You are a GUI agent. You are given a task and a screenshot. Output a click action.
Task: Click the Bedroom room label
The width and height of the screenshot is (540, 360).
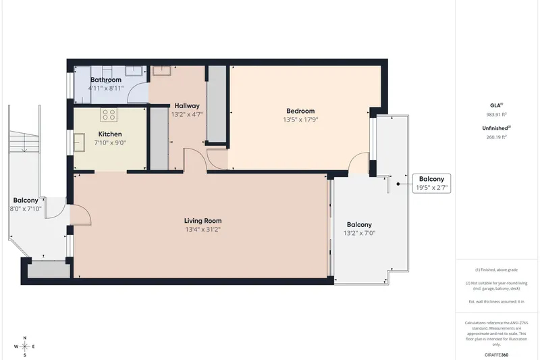click(300, 111)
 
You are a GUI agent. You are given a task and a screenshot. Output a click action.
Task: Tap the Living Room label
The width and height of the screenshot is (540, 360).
click(203, 221)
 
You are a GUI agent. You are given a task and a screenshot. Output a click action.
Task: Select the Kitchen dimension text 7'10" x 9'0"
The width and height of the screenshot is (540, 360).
click(110, 143)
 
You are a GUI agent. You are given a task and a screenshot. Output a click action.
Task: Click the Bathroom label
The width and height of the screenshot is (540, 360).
click(106, 80)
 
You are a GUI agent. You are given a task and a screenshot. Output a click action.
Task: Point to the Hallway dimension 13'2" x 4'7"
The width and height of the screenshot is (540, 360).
click(187, 114)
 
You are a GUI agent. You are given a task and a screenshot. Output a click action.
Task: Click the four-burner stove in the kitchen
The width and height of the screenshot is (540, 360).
click(109, 115)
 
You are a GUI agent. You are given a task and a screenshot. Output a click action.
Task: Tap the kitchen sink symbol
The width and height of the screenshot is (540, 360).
click(79, 143)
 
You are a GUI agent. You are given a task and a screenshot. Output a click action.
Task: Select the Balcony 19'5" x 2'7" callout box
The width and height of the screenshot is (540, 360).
click(431, 183)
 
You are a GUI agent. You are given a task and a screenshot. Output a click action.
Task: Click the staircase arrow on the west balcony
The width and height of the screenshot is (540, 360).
click(24, 143)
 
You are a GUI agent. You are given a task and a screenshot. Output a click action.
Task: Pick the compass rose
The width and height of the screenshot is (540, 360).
click(25, 346)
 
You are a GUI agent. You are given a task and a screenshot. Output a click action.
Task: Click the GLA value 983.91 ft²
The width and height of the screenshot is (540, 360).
click(496, 115)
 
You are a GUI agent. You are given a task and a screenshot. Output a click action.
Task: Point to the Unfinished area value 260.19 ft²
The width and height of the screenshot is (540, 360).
click(496, 136)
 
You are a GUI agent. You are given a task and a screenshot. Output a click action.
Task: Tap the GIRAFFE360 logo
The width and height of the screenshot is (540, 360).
click(496, 355)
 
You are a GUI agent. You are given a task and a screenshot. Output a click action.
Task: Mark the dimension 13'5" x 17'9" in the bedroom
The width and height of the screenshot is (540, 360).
click(300, 120)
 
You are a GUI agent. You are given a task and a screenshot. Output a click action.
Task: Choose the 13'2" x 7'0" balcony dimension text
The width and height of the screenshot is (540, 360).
click(359, 233)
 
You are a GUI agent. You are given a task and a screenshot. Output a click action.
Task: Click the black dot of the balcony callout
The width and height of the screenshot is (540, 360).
click(398, 184)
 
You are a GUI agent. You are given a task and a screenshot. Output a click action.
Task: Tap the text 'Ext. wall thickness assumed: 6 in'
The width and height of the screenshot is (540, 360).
click(496, 301)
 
